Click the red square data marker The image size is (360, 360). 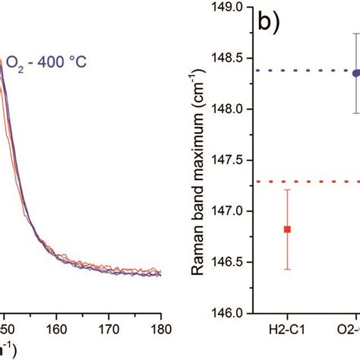288,229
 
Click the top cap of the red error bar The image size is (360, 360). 288,190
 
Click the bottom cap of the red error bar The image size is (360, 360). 288,269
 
